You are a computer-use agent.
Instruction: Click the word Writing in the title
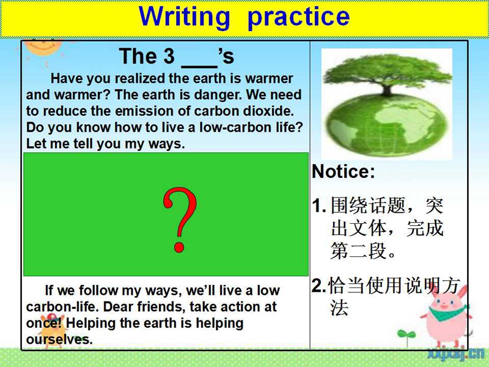[x=185, y=17]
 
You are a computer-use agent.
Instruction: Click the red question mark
[x=180, y=220]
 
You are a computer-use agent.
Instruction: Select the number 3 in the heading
[x=169, y=56]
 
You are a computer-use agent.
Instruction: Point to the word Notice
[x=343, y=171]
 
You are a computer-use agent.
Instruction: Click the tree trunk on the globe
[x=387, y=89]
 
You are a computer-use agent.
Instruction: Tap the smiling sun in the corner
[x=43, y=48]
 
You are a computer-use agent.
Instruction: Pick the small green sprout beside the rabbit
[x=406, y=336]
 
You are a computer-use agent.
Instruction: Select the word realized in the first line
[x=141, y=78]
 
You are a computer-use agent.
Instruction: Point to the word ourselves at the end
[x=59, y=339]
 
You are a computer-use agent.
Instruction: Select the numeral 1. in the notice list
[x=319, y=206]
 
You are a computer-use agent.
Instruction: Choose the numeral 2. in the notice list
[x=318, y=286]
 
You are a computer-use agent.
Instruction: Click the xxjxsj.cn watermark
[x=455, y=354]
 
